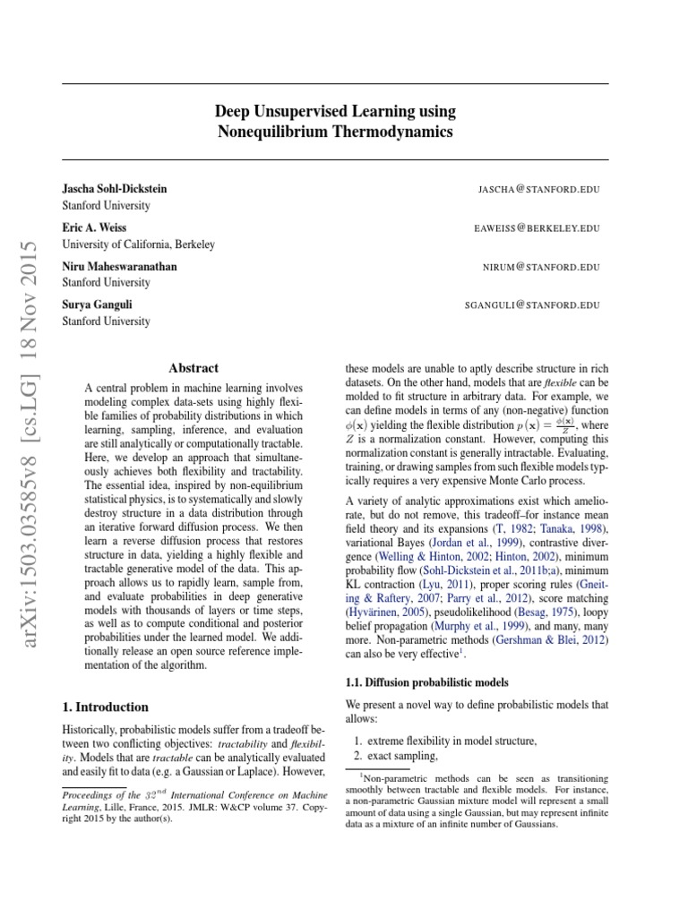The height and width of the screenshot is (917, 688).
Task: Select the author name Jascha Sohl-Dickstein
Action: click(x=114, y=189)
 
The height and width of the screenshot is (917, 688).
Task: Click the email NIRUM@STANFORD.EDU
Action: click(x=540, y=267)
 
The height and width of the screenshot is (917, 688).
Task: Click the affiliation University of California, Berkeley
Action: click(x=138, y=244)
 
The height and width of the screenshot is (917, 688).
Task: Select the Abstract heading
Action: click(x=193, y=367)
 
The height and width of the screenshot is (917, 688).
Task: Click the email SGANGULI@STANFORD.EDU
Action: click(x=531, y=305)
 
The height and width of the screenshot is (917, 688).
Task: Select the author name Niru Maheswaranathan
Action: click(x=118, y=267)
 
